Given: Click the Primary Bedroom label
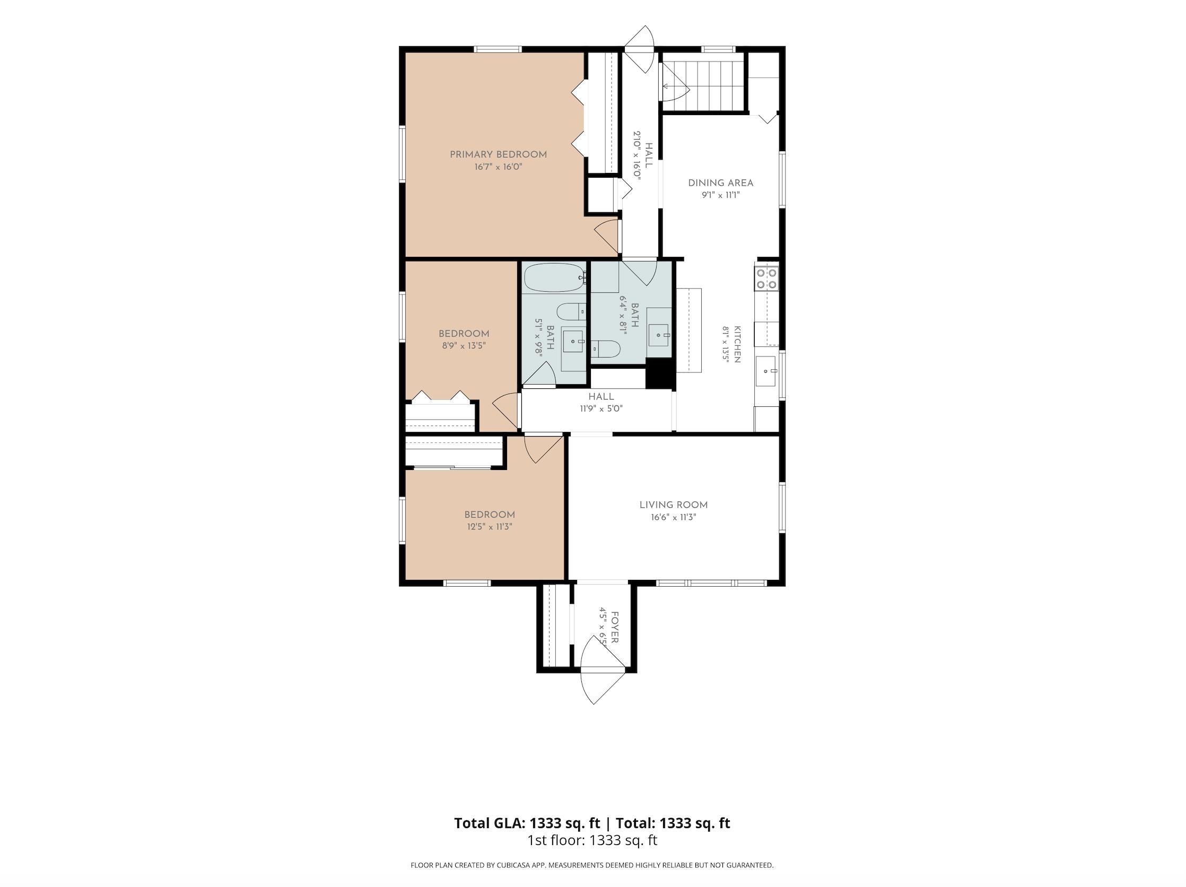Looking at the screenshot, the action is pos(498,154).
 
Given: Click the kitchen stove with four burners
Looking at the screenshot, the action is pos(766,279).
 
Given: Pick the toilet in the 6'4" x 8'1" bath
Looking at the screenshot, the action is pos(606,349).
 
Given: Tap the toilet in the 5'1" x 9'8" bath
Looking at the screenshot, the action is pos(571,311).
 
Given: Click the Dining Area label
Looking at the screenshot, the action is pos(721,183).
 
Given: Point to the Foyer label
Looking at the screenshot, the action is pos(615,628).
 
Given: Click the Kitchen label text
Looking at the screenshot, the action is pos(738,344).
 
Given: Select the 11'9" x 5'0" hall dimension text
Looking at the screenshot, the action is pos(601,408).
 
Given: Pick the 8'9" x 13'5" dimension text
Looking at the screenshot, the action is pos(464,346).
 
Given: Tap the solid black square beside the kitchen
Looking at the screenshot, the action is pos(659,373).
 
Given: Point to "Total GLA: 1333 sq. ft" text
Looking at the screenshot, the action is pos(527,823).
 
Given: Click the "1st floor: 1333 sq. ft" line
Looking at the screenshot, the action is pos(592,840).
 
